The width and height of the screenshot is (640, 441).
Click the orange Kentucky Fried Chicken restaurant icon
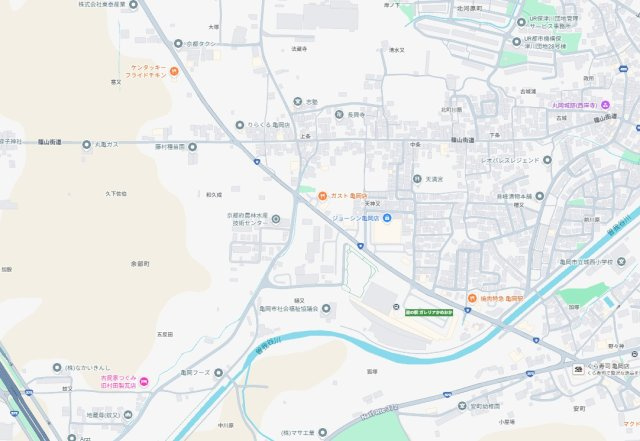tap(174, 71)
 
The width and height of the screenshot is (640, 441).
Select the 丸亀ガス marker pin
tap(86, 144)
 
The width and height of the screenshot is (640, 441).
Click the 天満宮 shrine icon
tap(416, 179)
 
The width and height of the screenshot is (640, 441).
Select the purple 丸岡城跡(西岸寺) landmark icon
tap(606, 104)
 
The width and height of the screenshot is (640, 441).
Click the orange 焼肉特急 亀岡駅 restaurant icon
tap(471, 298)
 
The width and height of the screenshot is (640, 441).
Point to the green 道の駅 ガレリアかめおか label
tap(430, 312)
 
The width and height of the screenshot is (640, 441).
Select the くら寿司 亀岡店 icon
tap(578, 370)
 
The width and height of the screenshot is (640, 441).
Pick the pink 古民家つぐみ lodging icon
tap(144, 381)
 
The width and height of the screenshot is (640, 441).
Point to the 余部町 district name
tap(139, 263)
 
